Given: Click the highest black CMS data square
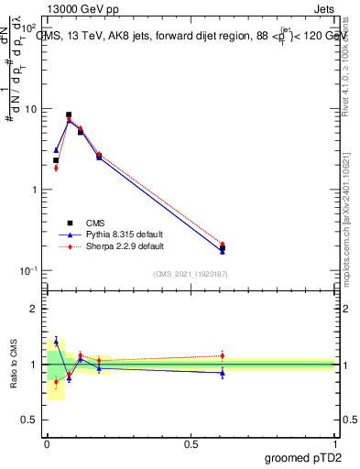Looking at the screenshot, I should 69,115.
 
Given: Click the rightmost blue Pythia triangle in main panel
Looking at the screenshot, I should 223,251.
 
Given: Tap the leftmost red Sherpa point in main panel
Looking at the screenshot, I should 56,168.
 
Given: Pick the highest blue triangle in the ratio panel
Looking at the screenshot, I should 56,341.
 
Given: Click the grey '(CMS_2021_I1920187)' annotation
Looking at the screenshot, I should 190,274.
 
